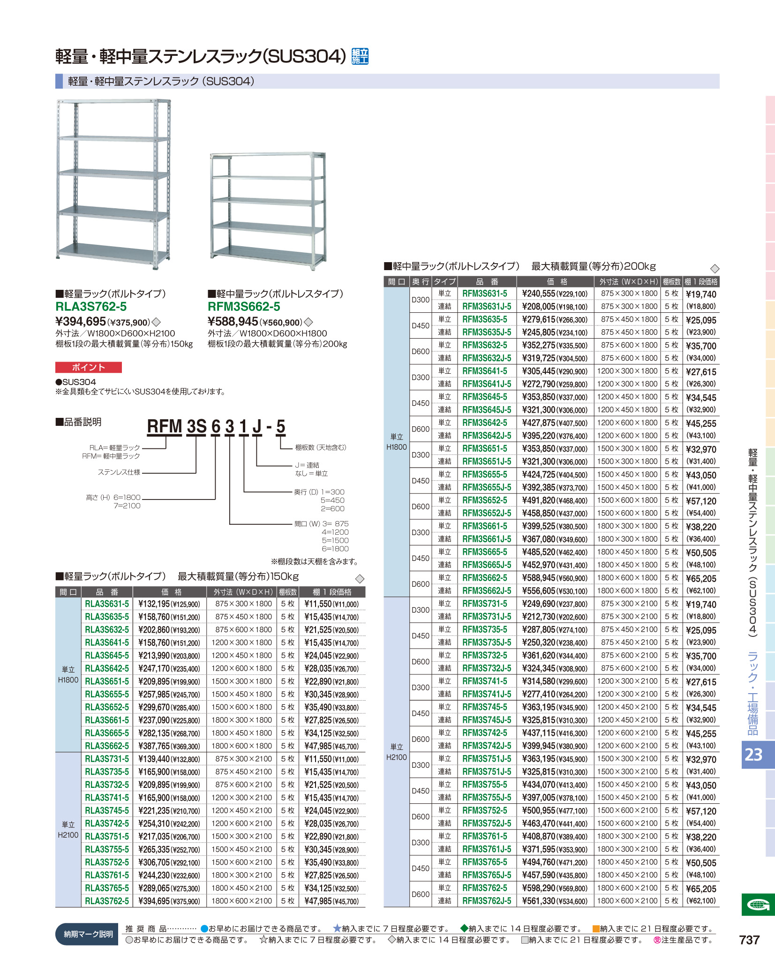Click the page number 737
(x=749, y=940)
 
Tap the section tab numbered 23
(x=754, y=754)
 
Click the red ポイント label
(x=89, y=367)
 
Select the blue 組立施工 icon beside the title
(x=360, y=56)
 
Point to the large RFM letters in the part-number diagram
(x=164, y=426)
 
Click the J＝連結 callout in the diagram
(x=307, y=465)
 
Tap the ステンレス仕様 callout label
(x=119, y=472)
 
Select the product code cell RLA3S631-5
(x=107, y=604)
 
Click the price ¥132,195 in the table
(x=154, y=604)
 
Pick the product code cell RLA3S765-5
(x=107, y=888)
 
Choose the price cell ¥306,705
(x=154, y=862)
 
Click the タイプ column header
(x=444, y=281)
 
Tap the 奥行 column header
(x=421, y=281)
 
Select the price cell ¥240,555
(x=539, y=294)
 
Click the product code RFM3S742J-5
(x=487, y=746)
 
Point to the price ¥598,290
(x=539, y=888)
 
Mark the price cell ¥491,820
(x=539, y=500)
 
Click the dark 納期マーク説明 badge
(x=88, y=934)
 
